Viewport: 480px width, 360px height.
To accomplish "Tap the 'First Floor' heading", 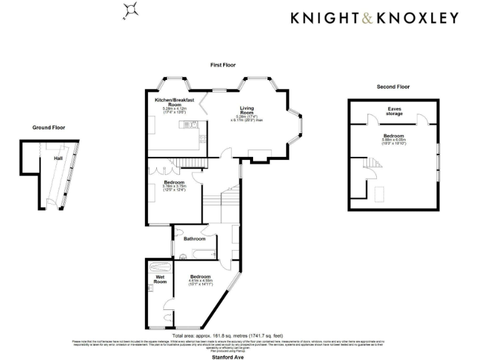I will pos(223,65).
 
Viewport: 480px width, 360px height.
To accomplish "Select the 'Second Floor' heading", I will pos(393,87).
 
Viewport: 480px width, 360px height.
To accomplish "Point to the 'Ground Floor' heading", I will pos(48,127).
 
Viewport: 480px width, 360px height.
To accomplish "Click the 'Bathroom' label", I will pos(194,239).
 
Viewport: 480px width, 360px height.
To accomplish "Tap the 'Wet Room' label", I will pos(160,279).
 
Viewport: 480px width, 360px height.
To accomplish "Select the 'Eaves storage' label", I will pos(393,112).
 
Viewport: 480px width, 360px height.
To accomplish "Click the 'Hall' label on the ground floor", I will pos(58,159).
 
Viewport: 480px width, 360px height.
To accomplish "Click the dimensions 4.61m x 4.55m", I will pos(201,281).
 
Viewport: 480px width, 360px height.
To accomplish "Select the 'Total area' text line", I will pos(229,336).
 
